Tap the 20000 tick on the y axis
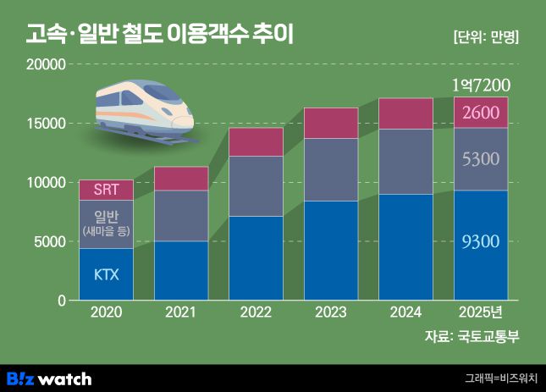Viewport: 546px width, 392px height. click(46, 64)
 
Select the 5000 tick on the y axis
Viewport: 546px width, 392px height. click(49, 242)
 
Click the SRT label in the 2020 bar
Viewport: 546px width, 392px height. click(106, 190)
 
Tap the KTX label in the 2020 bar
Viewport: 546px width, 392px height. click(106, 274)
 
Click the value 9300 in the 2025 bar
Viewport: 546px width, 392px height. click(482, 242)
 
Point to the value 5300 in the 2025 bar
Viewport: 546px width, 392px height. click(482, 158)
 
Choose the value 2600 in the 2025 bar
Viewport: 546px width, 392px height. click(482, 113)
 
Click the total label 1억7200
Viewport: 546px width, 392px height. click(480, 86)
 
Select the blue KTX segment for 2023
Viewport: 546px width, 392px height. click(331, 251)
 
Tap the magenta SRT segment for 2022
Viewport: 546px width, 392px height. click(256, 141)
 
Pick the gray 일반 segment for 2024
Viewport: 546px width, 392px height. click(406, 161)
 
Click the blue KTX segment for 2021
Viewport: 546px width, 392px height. click(181, 271)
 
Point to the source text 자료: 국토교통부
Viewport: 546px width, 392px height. click(472, 337)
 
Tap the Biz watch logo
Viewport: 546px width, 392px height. click(49, 378)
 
